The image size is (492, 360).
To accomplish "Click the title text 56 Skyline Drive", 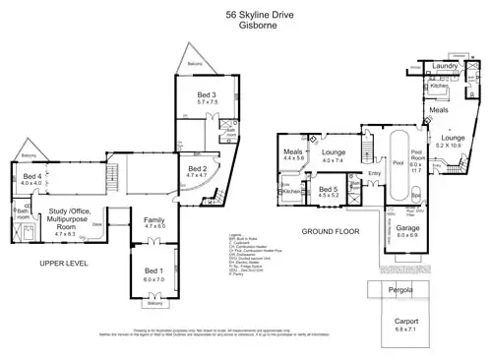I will click(x=246, y=16).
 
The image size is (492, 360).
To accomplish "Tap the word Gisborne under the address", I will click(x=246, y=28).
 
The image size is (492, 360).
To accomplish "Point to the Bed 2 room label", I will click(x=197, y=169).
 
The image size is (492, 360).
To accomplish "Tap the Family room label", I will click(x=155, y=219).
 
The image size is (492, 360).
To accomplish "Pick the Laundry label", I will click(x=446, y=66).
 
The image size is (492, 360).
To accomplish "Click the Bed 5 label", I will click(x=328, y=188).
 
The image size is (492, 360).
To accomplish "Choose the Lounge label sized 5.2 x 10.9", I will click(x=454, y=139).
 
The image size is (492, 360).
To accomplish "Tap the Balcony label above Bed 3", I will click(x=194, y=65).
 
